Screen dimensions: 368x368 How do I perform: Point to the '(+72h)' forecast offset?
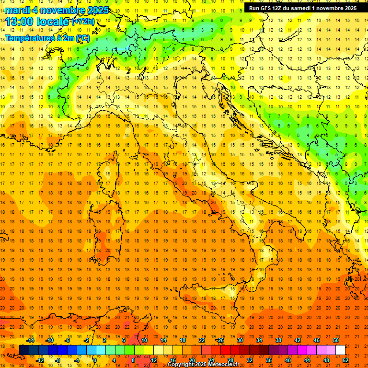(83, 22)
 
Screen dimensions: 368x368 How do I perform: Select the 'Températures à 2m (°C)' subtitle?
(47, 38)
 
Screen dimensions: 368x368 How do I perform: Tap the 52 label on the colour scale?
(345, 360)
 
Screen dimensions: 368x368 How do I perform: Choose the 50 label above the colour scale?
(335, 340)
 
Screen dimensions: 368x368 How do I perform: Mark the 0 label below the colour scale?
(95, 360)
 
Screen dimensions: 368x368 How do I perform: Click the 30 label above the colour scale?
(240, 340)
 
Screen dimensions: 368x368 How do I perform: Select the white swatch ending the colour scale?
(340, 350)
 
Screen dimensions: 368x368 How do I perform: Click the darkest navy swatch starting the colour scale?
(24, 350)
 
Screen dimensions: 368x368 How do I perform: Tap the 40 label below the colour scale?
(287, 360)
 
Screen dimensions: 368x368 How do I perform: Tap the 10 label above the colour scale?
(144, 340)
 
